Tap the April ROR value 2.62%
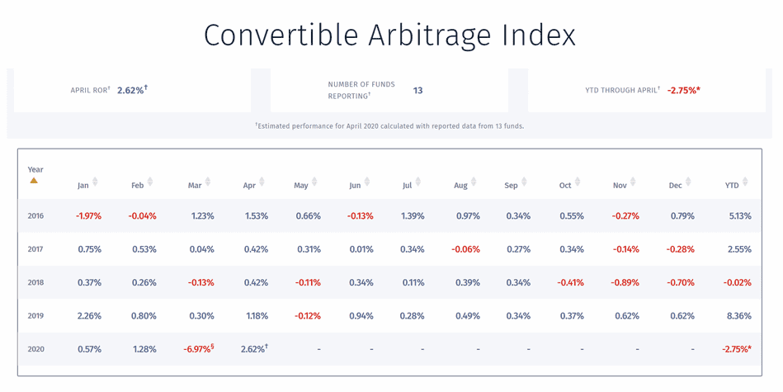[x=131, y=90]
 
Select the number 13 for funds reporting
[x=417, y=90]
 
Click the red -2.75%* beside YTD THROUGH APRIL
[x=683, y=90]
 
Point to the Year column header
[x=35, y=170]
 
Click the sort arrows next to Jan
[x=95, y=182]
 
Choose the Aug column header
[x=460, y=186]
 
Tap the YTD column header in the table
[x=731, y=186]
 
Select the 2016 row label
[x=35, y=216]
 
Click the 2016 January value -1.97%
[x=88, y=216]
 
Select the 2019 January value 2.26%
[x=89, y=315]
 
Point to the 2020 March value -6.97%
[x=197, y=349]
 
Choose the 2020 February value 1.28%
[x=144, y=349]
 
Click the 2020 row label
[x=35, y=349]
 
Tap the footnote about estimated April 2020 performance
[x=389, y=126]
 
